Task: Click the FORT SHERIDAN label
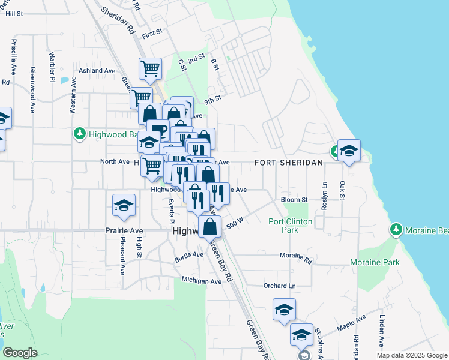click(x=288, y=163)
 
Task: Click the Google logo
click(x=20, y=352)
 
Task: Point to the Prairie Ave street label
click(x=124, y=230)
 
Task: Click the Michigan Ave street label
click(x=202, y=280)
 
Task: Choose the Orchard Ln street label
click(x=280, y=286)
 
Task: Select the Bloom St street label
click(x=294, y=199)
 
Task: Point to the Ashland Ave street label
click(x=97, y=71)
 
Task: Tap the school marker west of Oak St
click(x=348, y=151)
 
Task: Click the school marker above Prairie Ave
click(x=124, y=205)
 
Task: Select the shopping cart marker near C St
click(x=149, y=68)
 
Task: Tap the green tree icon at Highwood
click(x=79, y=134)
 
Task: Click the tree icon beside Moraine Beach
click(x=396, y=230)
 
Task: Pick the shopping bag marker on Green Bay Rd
click(x=210, y=227)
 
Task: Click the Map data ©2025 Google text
click(x=412, y=355)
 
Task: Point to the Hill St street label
click(x=14, y=13)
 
